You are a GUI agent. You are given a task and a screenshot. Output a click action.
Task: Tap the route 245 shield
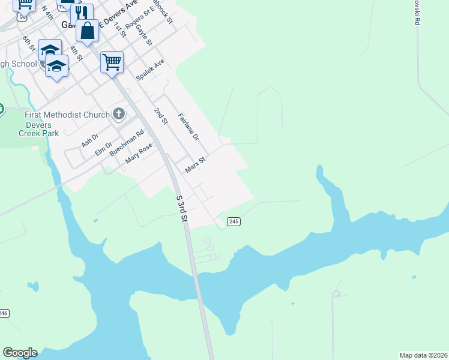(x=234, y=221)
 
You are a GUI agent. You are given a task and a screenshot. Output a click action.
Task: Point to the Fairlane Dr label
(x=188, y=126)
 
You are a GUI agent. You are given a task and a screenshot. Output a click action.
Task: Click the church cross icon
(x=118, y=114)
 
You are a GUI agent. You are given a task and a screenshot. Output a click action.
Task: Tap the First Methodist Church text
(x=67, y=115)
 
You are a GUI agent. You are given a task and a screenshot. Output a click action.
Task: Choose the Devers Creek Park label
(x=38, y=129)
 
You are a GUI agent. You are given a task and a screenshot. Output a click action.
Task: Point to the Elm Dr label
(x=104, y=148)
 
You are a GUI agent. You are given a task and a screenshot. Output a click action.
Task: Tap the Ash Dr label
(x=89, y=140)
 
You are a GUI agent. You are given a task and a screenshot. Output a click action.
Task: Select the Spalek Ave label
(x=150, y=70)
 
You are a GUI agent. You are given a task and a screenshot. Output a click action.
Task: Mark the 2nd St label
(x=160, y=116)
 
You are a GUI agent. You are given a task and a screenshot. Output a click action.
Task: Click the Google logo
(x=20, y=353)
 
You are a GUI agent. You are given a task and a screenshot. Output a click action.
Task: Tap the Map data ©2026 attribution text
(x=423, y=355)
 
